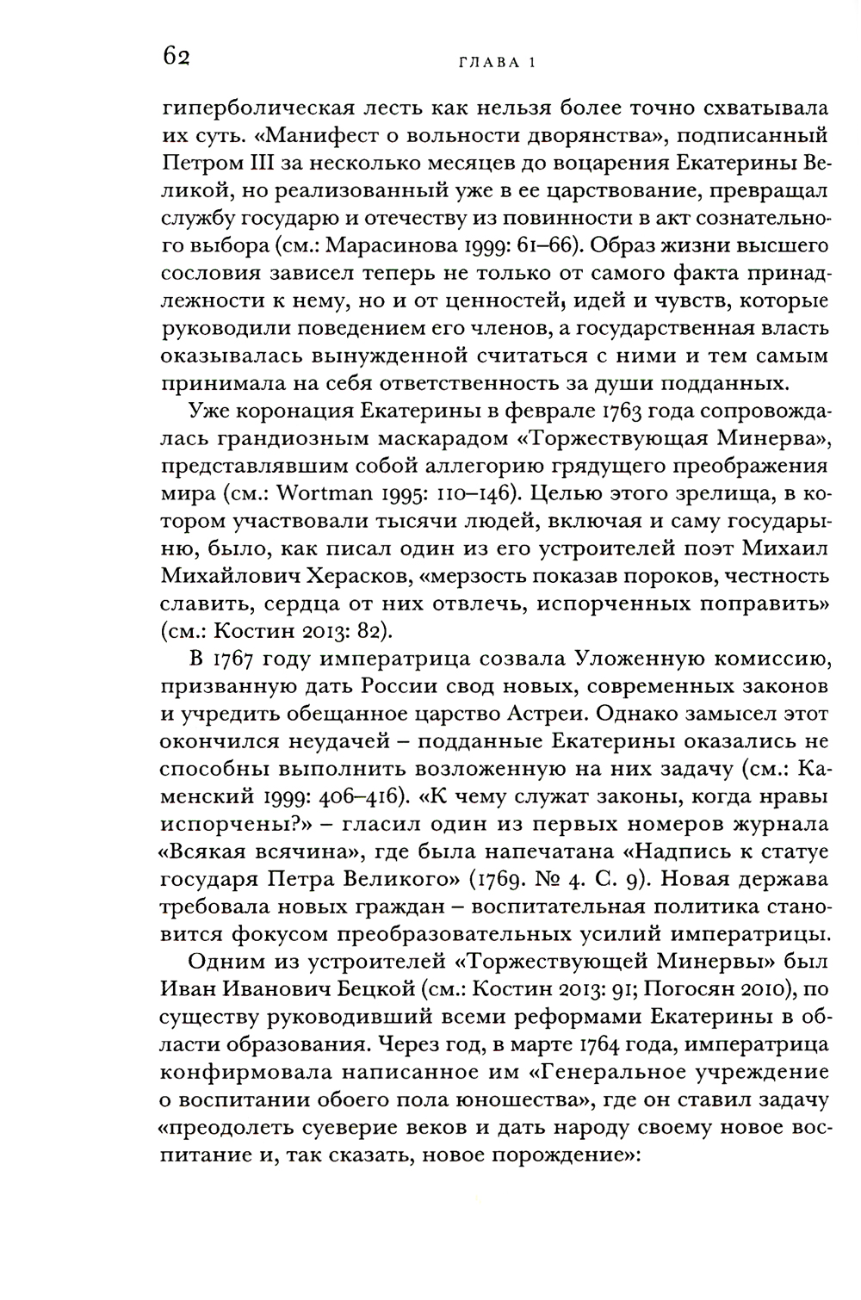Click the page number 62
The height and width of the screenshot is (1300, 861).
pyautogui.click(x=175, y=58)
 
